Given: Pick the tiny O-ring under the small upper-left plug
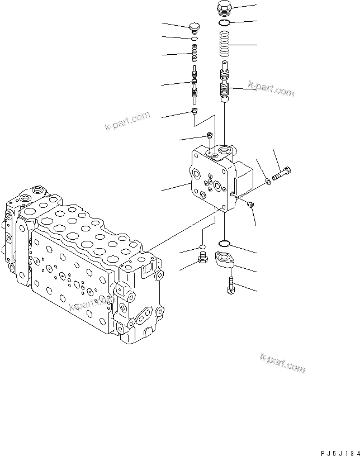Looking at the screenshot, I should pos(195,39).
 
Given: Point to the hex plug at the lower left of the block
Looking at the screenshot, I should pos(203,259).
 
